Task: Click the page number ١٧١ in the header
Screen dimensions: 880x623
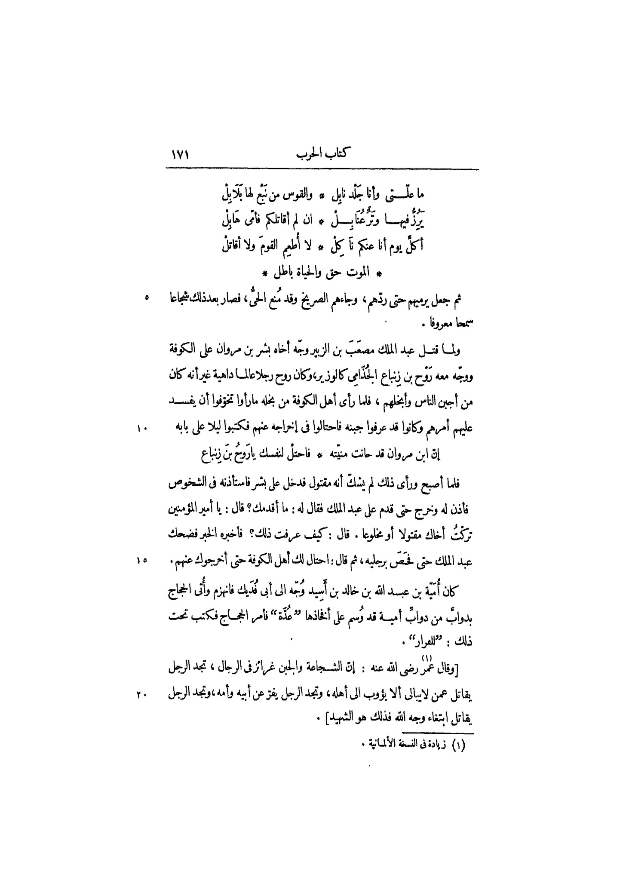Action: point(181,154)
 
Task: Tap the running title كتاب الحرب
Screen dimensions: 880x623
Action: point(322,154)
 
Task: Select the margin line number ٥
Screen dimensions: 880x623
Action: point(147,297)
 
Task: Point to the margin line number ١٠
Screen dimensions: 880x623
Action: point(142,428)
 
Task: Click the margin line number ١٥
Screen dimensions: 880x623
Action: point(142,560)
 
